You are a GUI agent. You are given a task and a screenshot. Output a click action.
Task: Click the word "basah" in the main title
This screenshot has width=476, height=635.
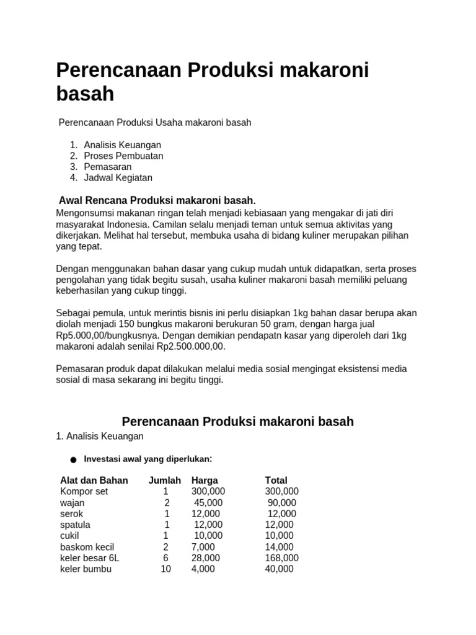[x=85, y=94]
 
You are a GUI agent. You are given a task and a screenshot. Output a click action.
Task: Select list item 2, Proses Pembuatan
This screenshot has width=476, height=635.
[x=123, y=156]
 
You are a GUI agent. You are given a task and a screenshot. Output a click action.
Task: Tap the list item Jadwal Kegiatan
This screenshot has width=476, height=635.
[x=118, y=177]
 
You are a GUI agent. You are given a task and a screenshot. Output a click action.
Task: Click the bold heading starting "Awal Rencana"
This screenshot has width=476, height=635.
[x=157, y=200]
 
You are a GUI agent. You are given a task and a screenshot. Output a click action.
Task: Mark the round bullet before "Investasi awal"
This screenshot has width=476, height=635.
[x=73, y=460]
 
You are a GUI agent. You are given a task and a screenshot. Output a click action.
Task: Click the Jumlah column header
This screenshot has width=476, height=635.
[x=164, y=480]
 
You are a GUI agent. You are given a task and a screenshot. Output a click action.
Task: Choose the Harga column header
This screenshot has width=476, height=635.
[x=205, y=480]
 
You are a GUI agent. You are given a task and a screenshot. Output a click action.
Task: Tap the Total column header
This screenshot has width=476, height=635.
[x=276, y=480]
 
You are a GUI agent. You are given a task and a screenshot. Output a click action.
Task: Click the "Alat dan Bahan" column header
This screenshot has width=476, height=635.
[x=94, y=480]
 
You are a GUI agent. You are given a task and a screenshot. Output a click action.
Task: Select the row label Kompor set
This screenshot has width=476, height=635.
[x=84, y=491]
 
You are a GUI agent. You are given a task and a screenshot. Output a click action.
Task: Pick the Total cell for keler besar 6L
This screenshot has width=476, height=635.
[x=281, y=557]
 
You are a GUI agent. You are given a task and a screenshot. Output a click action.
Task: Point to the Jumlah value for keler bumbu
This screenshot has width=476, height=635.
[x=165, y=569]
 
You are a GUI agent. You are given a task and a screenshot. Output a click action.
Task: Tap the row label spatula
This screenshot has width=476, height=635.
[x=75, y=525]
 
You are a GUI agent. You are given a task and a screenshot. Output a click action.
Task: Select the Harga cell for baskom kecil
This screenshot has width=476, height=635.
[x=203, y=546]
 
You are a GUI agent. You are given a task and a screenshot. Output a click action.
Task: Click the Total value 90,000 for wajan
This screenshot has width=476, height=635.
[x=281, y=502]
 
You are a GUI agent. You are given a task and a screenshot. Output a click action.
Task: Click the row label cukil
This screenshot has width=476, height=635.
[x=69, y=535]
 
